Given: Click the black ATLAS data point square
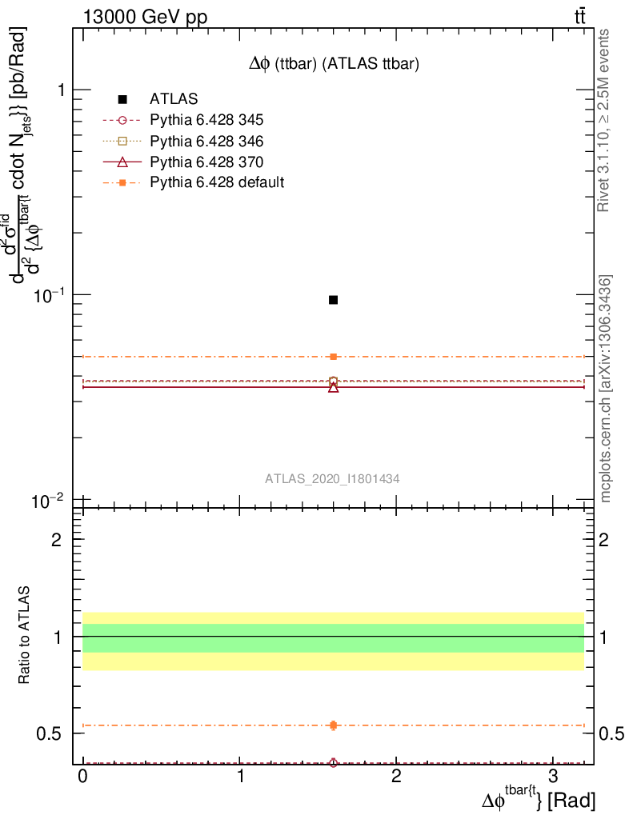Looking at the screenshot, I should (333, 300).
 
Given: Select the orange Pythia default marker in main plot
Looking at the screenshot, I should (333, 357).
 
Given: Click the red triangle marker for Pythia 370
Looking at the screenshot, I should (333, 387).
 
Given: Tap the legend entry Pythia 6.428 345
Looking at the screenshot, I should (206, 120).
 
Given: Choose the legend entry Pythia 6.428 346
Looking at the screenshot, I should (206, 141).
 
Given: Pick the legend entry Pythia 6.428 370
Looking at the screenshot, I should (206, 162).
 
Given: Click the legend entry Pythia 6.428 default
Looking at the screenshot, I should (216, 182).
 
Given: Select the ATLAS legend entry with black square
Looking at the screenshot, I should (174, 99).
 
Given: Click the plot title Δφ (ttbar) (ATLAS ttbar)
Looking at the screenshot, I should (333, 65).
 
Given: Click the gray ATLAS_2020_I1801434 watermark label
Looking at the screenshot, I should (333, 478).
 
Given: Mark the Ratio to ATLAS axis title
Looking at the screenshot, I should (26, 636).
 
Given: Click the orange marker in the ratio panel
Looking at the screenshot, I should (333, 725).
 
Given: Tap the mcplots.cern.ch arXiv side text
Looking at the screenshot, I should (606, 389).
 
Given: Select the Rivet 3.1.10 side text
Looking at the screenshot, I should (606, 121).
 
